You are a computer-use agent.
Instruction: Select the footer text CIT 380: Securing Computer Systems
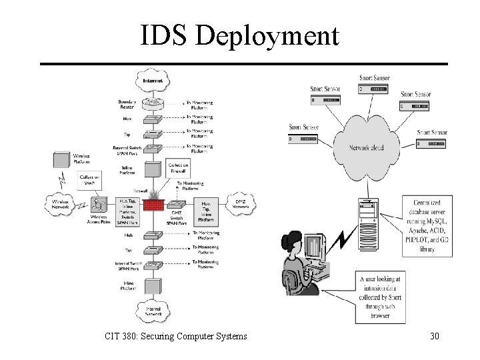175,336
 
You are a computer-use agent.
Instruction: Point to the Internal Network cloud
155,309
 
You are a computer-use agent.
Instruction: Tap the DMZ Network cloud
241,203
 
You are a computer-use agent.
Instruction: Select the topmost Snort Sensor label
375,77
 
